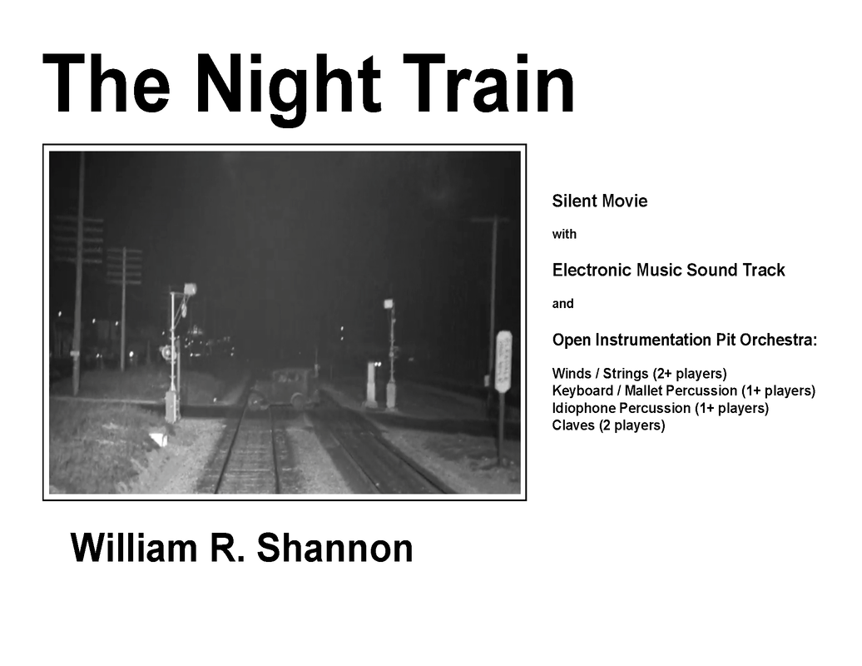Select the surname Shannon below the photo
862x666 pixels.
coord(334,548)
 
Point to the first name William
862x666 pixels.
coord(134,548)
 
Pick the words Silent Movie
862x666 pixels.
coord(600,201)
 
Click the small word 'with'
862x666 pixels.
coord(565,234)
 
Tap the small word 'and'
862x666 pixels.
coord(563,304)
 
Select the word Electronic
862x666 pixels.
coord(592,270)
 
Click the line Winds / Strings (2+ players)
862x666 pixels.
coord(639,374)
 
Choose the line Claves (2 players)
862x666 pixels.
coord(608,425)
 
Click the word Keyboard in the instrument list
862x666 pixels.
coord(582,391)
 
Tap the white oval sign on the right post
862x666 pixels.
coord(503,361)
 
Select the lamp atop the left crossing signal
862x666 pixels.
coord(191,287)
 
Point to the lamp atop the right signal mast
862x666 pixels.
coord(389,303)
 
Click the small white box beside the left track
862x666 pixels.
coord(160,439)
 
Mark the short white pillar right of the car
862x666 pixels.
coord(372,385)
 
